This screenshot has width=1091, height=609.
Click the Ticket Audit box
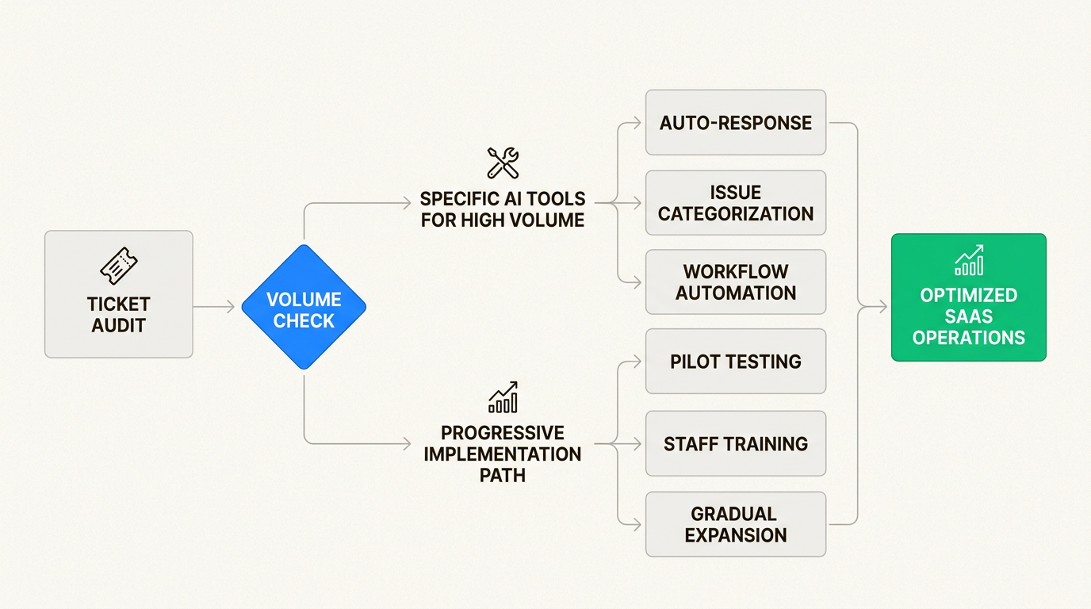(x=119, y=294)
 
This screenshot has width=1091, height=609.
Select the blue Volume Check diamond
(x=304, y=307)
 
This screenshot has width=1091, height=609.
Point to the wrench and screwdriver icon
(x=503, y=163)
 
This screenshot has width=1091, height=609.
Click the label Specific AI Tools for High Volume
(x=503, y=209)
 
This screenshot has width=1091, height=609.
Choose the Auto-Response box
(x=736, y=123)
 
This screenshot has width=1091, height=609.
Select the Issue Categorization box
(x=736, y=203)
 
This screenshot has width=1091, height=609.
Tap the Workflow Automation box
(x=736, y=282)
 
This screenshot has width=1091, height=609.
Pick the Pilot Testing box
(x=736, y=362)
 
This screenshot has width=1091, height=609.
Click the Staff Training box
(x=736, y=443)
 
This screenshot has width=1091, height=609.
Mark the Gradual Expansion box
(x=736, y=524)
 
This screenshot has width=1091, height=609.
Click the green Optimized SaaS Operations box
(x=968, y=297)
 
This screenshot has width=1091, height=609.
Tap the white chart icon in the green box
(x=969, y=260)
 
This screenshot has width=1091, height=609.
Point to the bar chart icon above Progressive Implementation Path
(x=503, y=396)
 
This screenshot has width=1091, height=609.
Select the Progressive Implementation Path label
(x=503, y=454)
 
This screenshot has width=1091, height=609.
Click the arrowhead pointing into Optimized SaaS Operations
(x=883, y=307)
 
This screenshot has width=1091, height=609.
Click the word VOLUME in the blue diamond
(x=304, y=300)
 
